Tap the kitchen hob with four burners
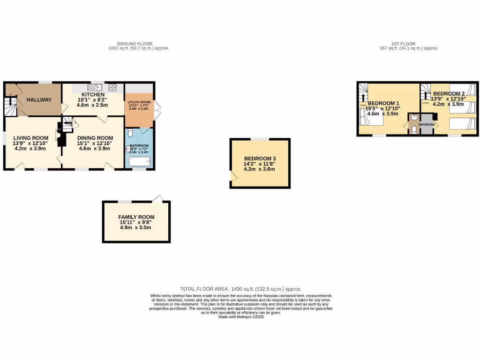tap(112, 87)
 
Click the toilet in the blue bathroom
tap(131, 133)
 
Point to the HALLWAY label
tap(39, 100)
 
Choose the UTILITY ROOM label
tap(139, 102)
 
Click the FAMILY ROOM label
tap(136, 217)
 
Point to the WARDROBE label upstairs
tap(427, 125)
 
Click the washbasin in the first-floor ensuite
tap(414, 118)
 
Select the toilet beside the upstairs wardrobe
tap(413, 128)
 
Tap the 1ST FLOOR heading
tap(404, 44)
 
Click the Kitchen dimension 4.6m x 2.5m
tap(92, 105)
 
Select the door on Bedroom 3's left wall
tap(231, 175)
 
